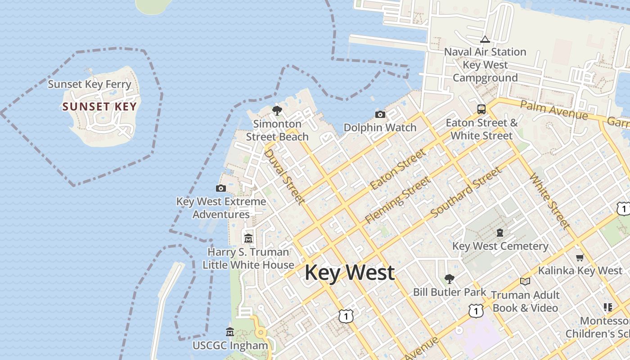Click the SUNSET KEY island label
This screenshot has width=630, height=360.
pos(99,107)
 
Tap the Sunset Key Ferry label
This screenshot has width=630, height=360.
pos(90,84)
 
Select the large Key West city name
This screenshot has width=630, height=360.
pos(350,273)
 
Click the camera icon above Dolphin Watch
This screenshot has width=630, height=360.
pos(380,115)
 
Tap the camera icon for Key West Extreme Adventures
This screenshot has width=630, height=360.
pos(220,189)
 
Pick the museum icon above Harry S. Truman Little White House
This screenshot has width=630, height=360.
pos(248,238)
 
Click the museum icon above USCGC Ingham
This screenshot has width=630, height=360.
pos(230,332)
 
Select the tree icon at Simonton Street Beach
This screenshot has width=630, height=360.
pos(277,110)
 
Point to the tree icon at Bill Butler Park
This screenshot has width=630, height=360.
pos(449,279)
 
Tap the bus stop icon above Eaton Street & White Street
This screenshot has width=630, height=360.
pos(481,109)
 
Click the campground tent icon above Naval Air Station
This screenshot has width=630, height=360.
pos(485,40)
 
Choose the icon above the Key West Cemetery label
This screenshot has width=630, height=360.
pos(499,233)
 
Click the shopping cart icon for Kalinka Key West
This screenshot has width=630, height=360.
pos(580,257)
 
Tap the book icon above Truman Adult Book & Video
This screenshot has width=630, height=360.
pos(525,281)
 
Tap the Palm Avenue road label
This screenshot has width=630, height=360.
pos(553,110)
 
